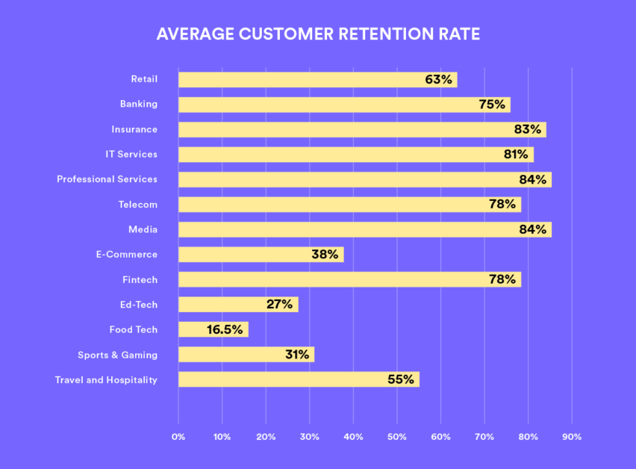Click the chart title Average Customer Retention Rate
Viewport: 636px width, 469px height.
pyautogui.click(x=318, y=34)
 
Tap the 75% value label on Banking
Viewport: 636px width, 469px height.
pyautogui.click(x=492, y=105)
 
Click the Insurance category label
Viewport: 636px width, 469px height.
pyautogui.click(x=134, y=129)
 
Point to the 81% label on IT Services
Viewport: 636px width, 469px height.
pyautogui.click(x=517, y=155)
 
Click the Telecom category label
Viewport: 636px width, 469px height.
pyautogui.click(x=137, y=204)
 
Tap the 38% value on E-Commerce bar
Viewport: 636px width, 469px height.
pyautogui.click(x=325, y=255)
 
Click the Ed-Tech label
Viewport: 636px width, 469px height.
pyautogui.click(x=138, y=305)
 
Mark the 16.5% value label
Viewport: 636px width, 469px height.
pyautogui.click(x=225, y=329)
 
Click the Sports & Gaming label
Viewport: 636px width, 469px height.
pyautogui.click(x=117, y=355)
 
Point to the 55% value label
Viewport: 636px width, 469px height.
pyautogui.click(x=400, y=379)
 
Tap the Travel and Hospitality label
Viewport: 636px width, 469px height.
pyautogui.click(x=106, y=379)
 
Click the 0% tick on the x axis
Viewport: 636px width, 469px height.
pyautogui.click(x=178, y=437)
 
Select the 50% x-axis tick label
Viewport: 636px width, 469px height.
pyautogui.click(x=396, y=437)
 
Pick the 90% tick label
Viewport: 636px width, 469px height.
pyautogui.click(x=572, y=437)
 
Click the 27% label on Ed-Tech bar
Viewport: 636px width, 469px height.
pyautogui.click(x=279, y=305)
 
